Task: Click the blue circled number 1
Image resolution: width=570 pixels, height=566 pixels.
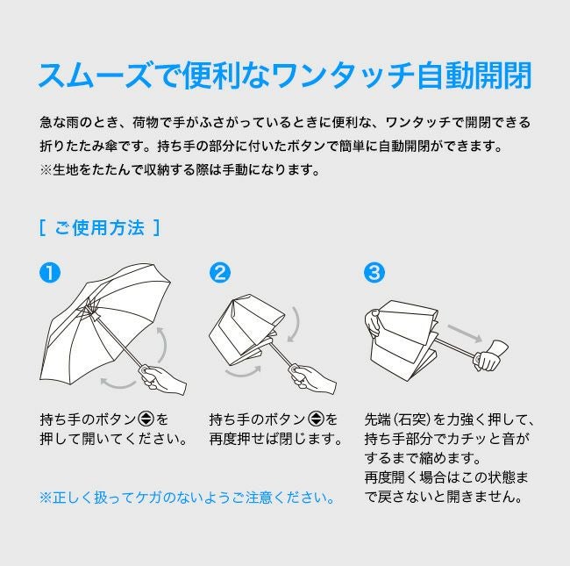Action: point(50,272)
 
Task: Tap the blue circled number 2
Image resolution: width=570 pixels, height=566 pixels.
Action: point(220,272)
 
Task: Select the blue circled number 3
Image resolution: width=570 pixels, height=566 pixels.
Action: point(374,272)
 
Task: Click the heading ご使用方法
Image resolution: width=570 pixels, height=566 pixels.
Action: point(99,228)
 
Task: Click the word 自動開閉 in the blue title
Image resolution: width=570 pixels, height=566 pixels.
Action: point(474,75)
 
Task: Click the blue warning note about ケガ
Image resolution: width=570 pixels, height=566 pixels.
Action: point(187,498)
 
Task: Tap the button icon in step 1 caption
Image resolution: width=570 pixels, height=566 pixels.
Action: point(146,419)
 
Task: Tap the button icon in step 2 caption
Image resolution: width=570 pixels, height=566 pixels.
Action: point(316,419)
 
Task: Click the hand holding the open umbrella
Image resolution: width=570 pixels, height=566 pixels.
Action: point(164,379)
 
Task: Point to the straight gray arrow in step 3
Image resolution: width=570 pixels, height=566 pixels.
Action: point(465,333)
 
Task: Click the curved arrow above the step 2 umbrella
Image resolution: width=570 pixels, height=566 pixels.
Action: point(297,325)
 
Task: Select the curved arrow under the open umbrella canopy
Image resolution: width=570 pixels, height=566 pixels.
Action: point(118,384)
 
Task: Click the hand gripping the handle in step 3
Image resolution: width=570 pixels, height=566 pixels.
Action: point(490,355)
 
